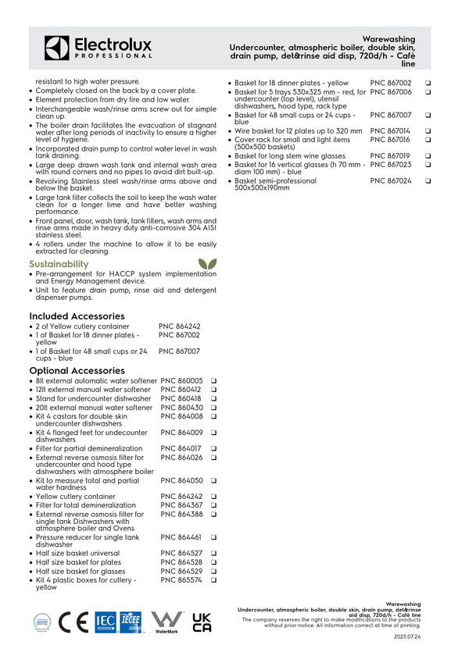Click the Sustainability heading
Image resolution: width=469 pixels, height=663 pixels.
59,264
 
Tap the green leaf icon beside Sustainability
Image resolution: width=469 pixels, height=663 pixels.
207,264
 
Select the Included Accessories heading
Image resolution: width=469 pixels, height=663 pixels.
77,315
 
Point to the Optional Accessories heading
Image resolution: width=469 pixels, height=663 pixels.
77,370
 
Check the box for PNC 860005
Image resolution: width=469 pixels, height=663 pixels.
213,380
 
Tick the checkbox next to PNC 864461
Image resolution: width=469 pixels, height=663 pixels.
213,537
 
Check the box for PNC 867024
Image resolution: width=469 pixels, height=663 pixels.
428,180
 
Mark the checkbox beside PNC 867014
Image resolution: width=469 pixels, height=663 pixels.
428,130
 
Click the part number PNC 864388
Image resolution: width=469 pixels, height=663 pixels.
181,515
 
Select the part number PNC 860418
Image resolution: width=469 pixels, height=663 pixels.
181,398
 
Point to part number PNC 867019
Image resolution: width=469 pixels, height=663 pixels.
390,155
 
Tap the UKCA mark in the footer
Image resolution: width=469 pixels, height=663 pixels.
202,622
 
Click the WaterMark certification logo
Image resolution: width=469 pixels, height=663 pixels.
166,622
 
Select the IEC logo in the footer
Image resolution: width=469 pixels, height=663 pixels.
105,622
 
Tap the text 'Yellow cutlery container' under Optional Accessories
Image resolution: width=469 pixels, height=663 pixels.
75,496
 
